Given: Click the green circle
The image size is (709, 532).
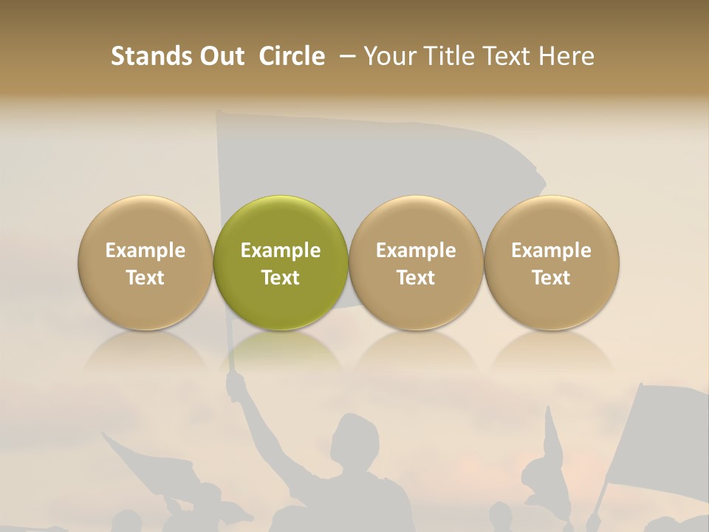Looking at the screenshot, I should coord(281,262).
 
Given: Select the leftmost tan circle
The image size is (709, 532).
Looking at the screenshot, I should coord(145,262).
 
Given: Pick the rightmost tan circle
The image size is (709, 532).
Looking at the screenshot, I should coord(552,262).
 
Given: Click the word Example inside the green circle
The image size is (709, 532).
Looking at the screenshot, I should coord(281,250).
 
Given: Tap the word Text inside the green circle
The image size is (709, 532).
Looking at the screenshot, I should coord(281,278).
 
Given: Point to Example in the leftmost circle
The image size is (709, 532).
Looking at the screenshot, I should coord(145,250).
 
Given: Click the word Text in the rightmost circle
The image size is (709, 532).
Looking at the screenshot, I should coord(552,278).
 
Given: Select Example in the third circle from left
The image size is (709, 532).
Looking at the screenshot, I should coord(416,250).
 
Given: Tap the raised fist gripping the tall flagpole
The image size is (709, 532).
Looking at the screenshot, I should coord(236,383).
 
